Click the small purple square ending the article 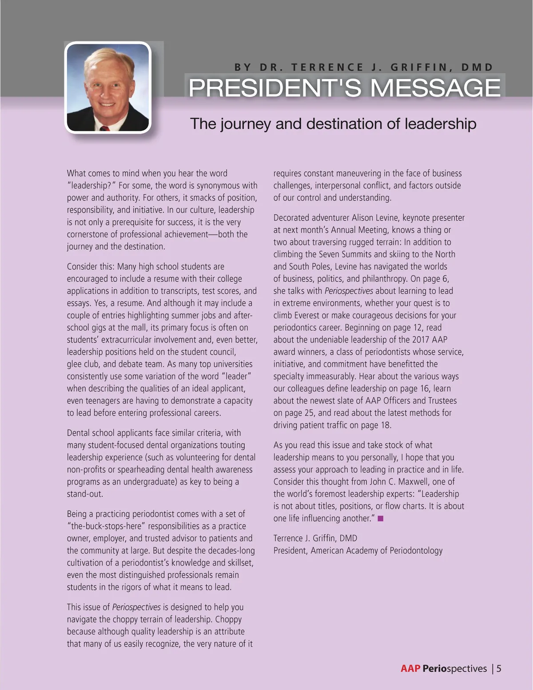tap(380, 518)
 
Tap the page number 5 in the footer tap(499, 668)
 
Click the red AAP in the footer tap(410, 668)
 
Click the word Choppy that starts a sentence tap(228, 619)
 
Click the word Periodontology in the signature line tap(416, 550)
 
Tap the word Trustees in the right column tap(441, 400)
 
